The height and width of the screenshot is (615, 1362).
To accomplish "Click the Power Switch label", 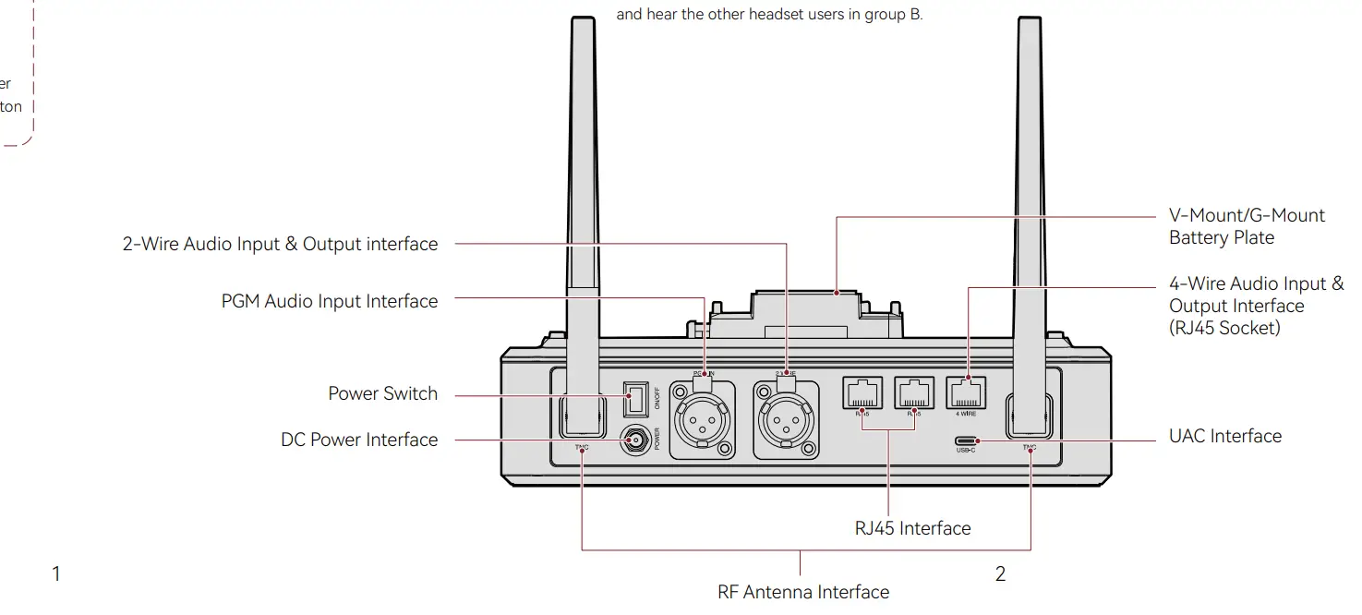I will (382, 394).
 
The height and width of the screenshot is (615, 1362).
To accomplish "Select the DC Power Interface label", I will (359, 440).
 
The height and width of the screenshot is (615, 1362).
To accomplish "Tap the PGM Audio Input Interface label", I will (329, 302).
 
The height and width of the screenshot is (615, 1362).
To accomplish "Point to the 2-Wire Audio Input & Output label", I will (280, 245).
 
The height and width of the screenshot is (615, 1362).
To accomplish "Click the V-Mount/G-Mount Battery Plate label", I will (1247, 226).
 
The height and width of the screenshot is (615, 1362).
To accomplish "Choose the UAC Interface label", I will (1224, 437).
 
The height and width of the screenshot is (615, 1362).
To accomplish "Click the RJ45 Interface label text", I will (912, 529).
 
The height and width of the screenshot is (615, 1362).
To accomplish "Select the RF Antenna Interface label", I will (803, 592).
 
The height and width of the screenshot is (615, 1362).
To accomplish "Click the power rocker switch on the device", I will (634, 400).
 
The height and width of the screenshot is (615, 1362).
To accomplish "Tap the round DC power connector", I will (634, 441).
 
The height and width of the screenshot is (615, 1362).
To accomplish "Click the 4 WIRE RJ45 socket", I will (967, 393).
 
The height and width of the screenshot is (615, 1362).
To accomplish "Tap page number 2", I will (1000, 574).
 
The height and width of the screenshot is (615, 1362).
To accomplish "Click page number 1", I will (56, 574).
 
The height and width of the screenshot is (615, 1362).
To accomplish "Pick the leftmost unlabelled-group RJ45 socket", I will (862, 393).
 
